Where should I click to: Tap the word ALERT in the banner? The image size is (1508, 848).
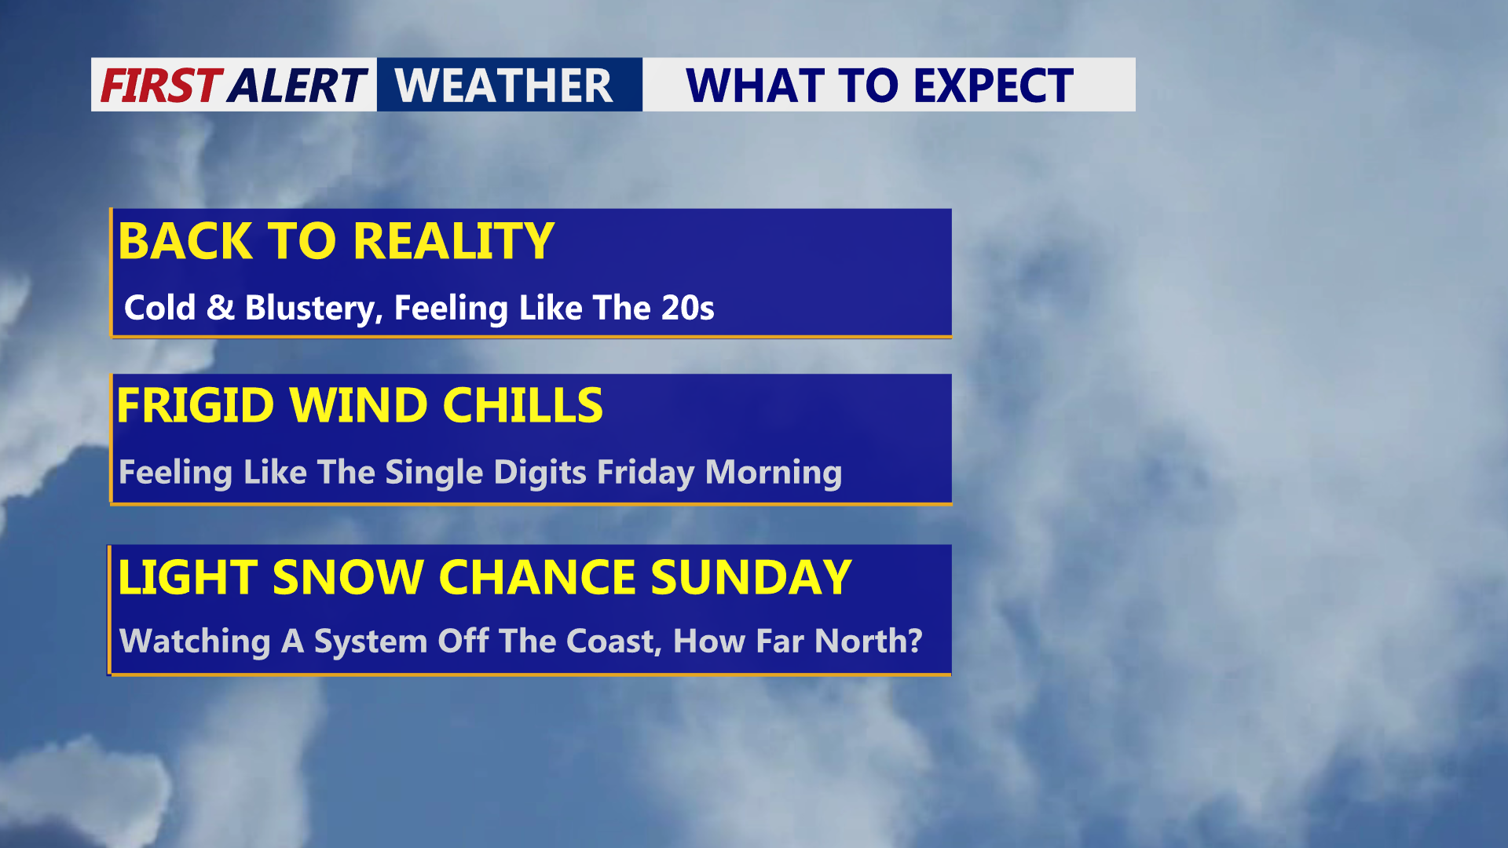pos(298,86)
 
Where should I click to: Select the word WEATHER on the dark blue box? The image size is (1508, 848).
pos(503,86)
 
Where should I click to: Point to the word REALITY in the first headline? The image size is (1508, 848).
pos(454,241)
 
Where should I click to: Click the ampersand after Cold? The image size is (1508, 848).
pos(221,307)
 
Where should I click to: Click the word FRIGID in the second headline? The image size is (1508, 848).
pos(196,405)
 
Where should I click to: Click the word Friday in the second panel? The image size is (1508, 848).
pos(646,473)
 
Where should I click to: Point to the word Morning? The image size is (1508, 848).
pos(774,473)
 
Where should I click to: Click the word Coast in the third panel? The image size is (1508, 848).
pos(613,641)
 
